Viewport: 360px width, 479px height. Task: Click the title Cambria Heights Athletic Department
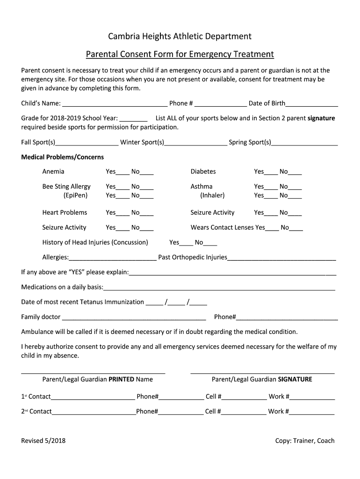(x=180, y=36)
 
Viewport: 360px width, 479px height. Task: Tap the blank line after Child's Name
(x=115, y=104)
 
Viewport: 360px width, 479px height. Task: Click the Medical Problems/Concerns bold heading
(x=63, y=157)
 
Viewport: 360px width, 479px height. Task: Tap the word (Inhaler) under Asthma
(x=212, y=195)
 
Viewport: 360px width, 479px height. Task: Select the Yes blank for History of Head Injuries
(x=186, y=243)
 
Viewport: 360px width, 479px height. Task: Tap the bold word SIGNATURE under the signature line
(x=295, y=379)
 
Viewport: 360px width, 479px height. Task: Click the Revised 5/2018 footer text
(x=43, y=441)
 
